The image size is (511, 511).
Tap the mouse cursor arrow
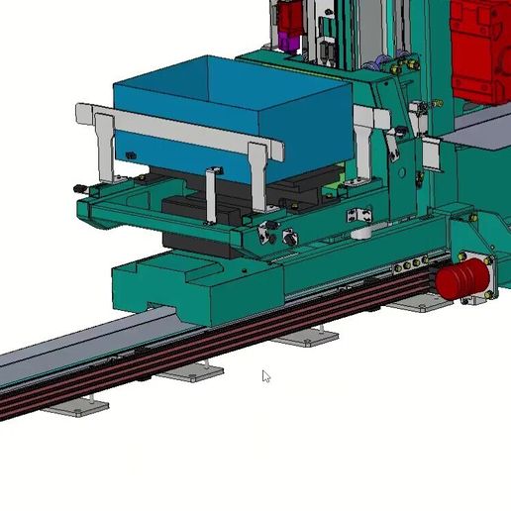tap(265, 375)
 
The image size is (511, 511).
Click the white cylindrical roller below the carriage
tap(362, 234)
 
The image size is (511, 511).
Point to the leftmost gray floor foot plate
tap(77, 406)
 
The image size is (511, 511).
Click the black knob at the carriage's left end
tap(77, 188)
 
